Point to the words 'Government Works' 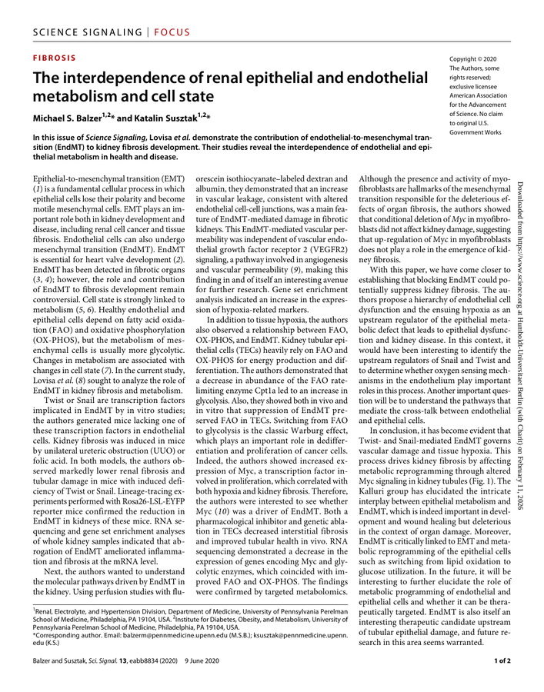pos(475,132)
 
